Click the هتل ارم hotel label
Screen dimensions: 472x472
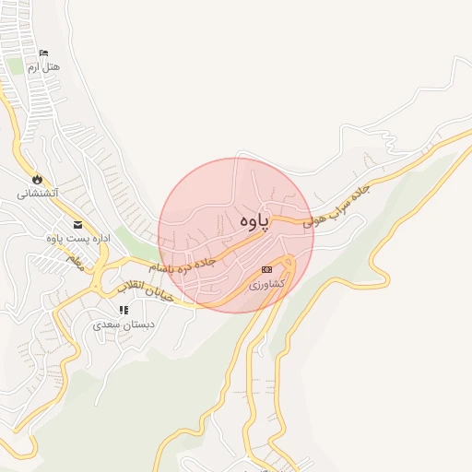pos(43,68)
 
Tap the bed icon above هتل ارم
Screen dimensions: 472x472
pos(45,53)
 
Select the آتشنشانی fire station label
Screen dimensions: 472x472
pos(38,194)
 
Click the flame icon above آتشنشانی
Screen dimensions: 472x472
pos(37,179)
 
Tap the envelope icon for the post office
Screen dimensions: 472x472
pos(77,224)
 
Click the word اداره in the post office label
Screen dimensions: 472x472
pos(97,239)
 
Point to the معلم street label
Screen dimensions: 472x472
pos(75,262)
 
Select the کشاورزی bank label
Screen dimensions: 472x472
pos(266,285)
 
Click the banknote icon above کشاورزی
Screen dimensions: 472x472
pos(266,270)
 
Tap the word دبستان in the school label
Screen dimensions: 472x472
pos(137,325)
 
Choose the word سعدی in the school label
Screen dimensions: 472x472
pos(109,325)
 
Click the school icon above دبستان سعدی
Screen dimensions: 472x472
pos(124,311)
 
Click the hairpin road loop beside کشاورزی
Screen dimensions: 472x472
pos(287,265)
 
